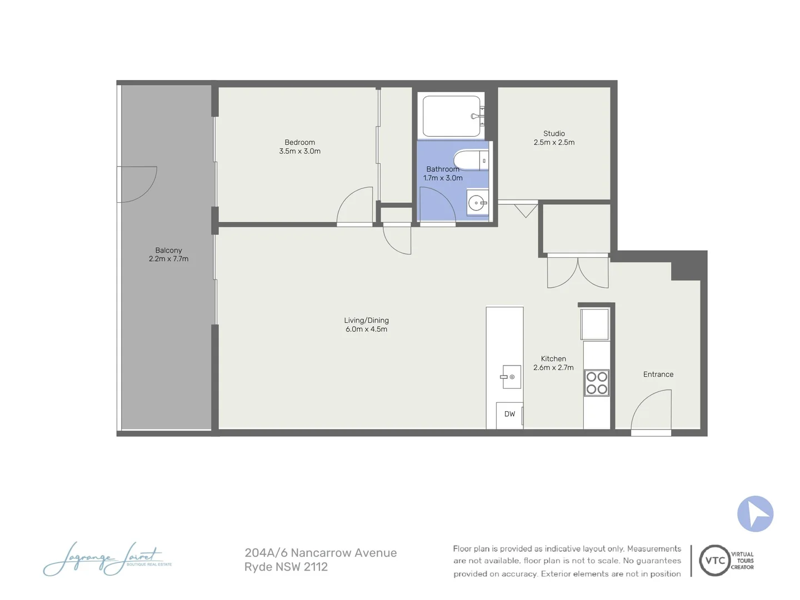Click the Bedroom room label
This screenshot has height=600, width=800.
pos(299,142)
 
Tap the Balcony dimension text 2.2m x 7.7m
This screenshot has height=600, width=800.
pos(168,259)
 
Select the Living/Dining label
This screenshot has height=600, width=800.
pos(366,320)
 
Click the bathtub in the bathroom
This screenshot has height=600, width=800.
pos(451,116)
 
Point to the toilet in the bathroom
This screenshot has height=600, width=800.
pos(469,161)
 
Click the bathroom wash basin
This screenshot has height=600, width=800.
pos(477,203)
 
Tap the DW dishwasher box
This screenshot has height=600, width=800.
pos(509,414)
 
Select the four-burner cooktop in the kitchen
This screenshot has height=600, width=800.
pos(597,383)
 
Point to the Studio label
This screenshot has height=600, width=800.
pos(554,133)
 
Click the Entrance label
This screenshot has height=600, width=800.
pos(658,374)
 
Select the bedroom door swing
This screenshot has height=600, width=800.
pos(356,207)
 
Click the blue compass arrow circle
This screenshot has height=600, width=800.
pos(755,514)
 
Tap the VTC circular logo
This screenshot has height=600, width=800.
pos(714,561)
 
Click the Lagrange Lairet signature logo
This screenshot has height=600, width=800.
pos(106,559)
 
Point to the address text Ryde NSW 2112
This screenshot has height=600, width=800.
pos(286,567)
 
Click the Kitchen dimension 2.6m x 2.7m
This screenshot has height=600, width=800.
pos(553,368)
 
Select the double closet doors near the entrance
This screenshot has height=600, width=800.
pos(578,272)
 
